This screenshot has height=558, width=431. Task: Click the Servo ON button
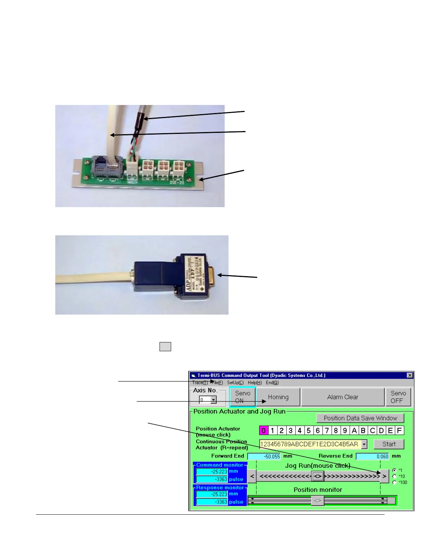243,397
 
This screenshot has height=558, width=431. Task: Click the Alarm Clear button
343,397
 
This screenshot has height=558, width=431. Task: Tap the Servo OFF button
398,397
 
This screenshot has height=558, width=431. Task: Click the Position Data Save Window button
360,418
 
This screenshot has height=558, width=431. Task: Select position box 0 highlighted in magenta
263,430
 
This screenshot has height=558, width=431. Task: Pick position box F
399,430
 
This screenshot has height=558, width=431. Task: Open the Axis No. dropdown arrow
213,400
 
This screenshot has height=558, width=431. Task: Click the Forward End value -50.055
264,457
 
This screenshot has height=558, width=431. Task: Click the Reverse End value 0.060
373,457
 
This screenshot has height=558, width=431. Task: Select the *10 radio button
394,476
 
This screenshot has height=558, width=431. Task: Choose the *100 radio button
394,482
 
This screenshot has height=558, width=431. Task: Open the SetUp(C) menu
235,383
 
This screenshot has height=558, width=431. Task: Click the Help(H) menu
255,383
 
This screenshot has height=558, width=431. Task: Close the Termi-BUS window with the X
410,376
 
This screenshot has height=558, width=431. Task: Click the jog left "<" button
252,477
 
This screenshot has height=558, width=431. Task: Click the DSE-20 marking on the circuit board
177,182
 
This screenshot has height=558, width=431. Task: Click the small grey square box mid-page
165,347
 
